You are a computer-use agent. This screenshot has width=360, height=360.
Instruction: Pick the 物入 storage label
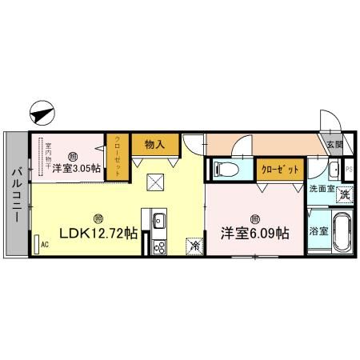click(155, 144)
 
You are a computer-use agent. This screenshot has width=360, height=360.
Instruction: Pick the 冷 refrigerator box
click(194, 246)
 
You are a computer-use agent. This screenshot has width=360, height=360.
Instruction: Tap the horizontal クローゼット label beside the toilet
click(280, 169)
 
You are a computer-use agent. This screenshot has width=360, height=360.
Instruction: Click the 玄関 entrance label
click(334, 145)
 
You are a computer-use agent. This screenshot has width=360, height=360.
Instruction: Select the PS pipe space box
click(348, 170)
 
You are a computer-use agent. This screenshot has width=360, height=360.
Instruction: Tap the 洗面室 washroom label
click(322, 189)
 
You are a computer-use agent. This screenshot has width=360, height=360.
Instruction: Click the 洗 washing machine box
click(344, 194)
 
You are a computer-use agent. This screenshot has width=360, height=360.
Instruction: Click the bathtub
click(342, 233)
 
